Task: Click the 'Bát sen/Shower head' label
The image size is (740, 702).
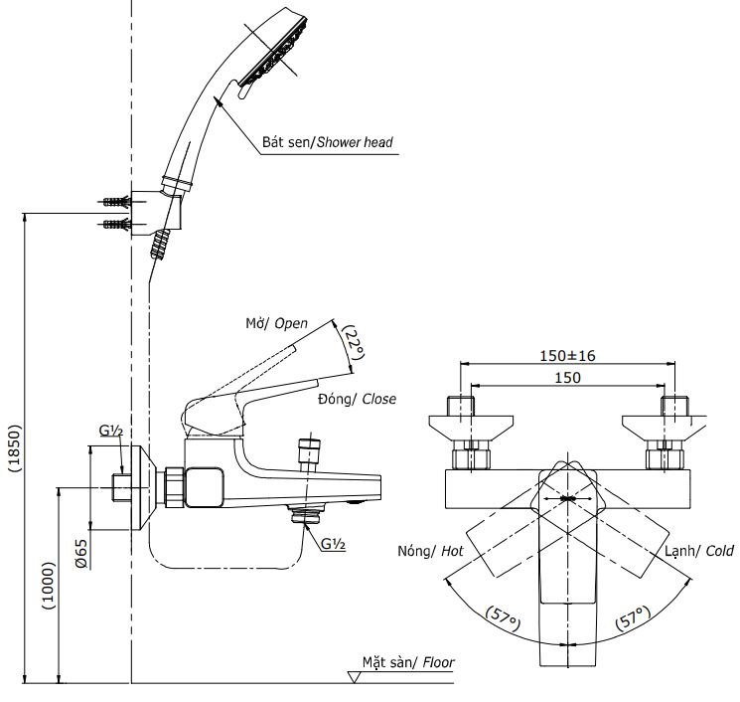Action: tap(327, 142)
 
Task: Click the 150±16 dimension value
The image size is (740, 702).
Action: tap(569, 355)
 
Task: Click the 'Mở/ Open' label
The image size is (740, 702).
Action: tap(276, 324)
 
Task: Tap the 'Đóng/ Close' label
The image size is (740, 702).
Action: tap(357, 399)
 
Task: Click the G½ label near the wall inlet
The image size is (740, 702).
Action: tap(110, 431)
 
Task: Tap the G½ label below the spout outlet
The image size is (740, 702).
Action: tap(333, 543)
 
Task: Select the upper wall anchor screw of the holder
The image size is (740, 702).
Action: tap(117, 202)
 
